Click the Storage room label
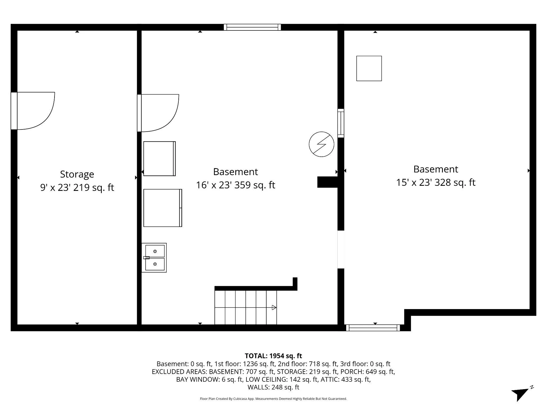77,174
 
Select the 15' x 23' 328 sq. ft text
436,183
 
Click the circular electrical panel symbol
321,144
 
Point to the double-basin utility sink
154,258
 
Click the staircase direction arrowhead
274,307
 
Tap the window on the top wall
252,27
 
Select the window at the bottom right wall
373,328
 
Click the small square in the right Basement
369,68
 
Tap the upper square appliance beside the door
159,159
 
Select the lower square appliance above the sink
163,208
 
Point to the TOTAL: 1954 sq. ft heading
273,356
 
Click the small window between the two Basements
341,123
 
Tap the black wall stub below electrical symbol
327,182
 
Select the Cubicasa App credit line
273,399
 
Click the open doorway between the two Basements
341,249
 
